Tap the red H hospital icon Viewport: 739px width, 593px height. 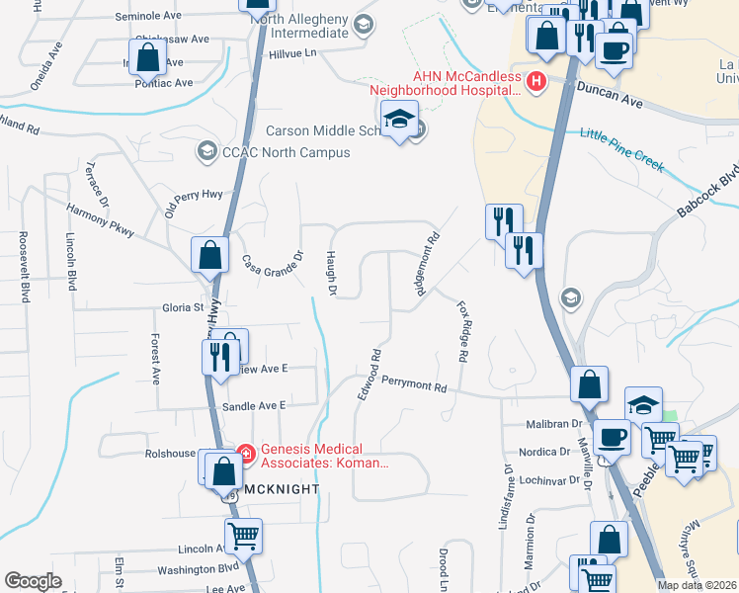(536, 82)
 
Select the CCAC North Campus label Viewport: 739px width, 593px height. (287, 152)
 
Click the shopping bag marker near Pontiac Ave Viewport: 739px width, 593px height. (148, 57)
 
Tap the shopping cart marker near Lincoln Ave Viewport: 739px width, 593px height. (243, 537)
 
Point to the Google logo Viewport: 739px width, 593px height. (34, 581)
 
